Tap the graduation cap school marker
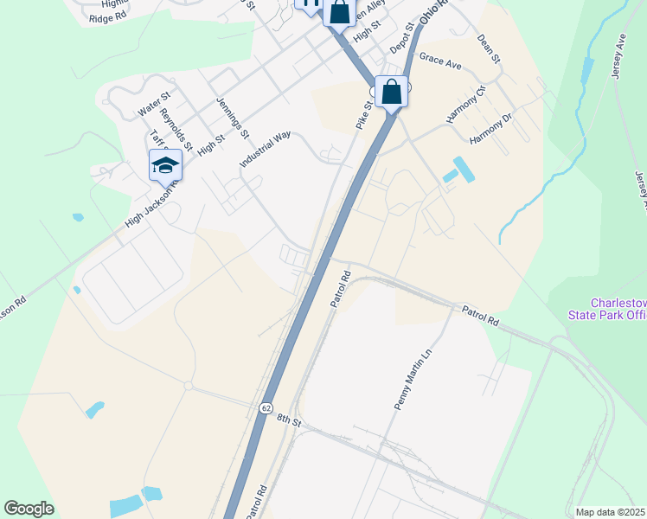[164, 164]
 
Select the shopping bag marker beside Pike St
[392, 91]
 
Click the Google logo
[29, 509]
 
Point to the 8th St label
[288, 421]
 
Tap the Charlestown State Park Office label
[618, 309]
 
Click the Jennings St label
[233, 119]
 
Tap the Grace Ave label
[440, 61]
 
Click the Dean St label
[489, 48]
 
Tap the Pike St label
[364, 116]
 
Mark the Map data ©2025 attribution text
[611, 512]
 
